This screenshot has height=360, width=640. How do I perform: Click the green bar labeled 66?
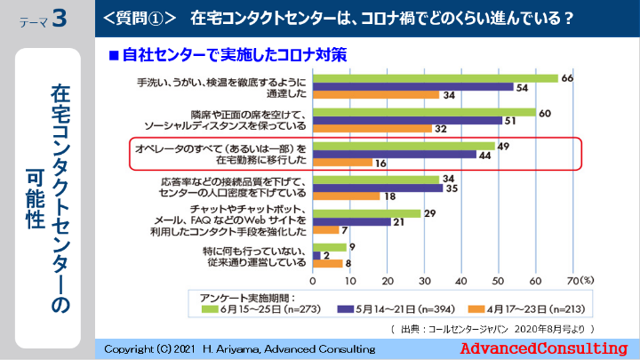[x=435, y=78]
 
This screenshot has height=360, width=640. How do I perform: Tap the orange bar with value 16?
[x=342, y=163]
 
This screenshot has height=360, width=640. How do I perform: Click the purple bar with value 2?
[x=316, y=255]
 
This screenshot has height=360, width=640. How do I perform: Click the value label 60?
[x=546, y=112]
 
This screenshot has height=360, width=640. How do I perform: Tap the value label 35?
[x=450, y=188]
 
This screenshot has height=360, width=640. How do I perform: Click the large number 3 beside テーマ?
[x=60, y=19]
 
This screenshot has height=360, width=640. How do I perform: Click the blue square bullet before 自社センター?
[x=113, y=55]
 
